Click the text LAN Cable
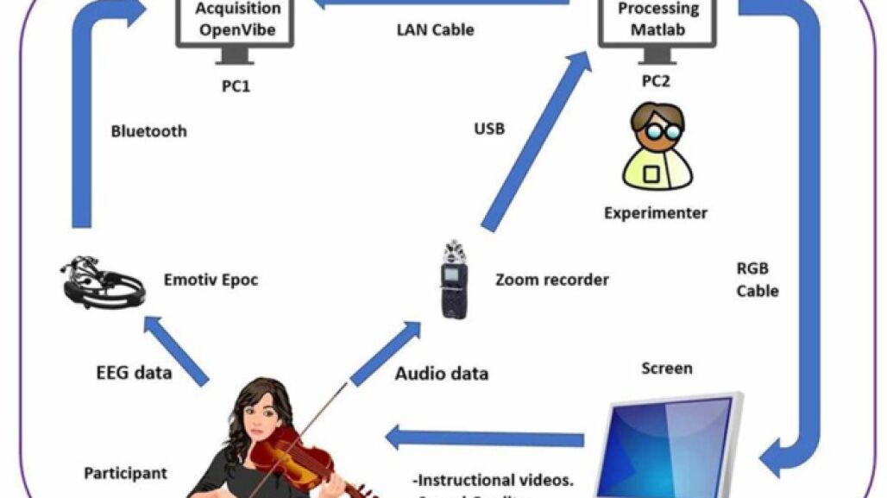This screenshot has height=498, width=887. (435, 29)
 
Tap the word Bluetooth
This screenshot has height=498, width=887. (148, 132)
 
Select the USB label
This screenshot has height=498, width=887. (489, 129)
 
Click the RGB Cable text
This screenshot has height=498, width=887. (758, 279)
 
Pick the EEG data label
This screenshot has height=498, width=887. (134, 373)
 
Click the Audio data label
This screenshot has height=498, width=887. (442, 374)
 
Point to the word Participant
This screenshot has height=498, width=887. (125, 473)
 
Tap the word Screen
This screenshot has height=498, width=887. (666, 369)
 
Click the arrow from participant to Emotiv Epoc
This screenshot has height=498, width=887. (176, 350)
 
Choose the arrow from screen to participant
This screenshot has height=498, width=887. (483, 438)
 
